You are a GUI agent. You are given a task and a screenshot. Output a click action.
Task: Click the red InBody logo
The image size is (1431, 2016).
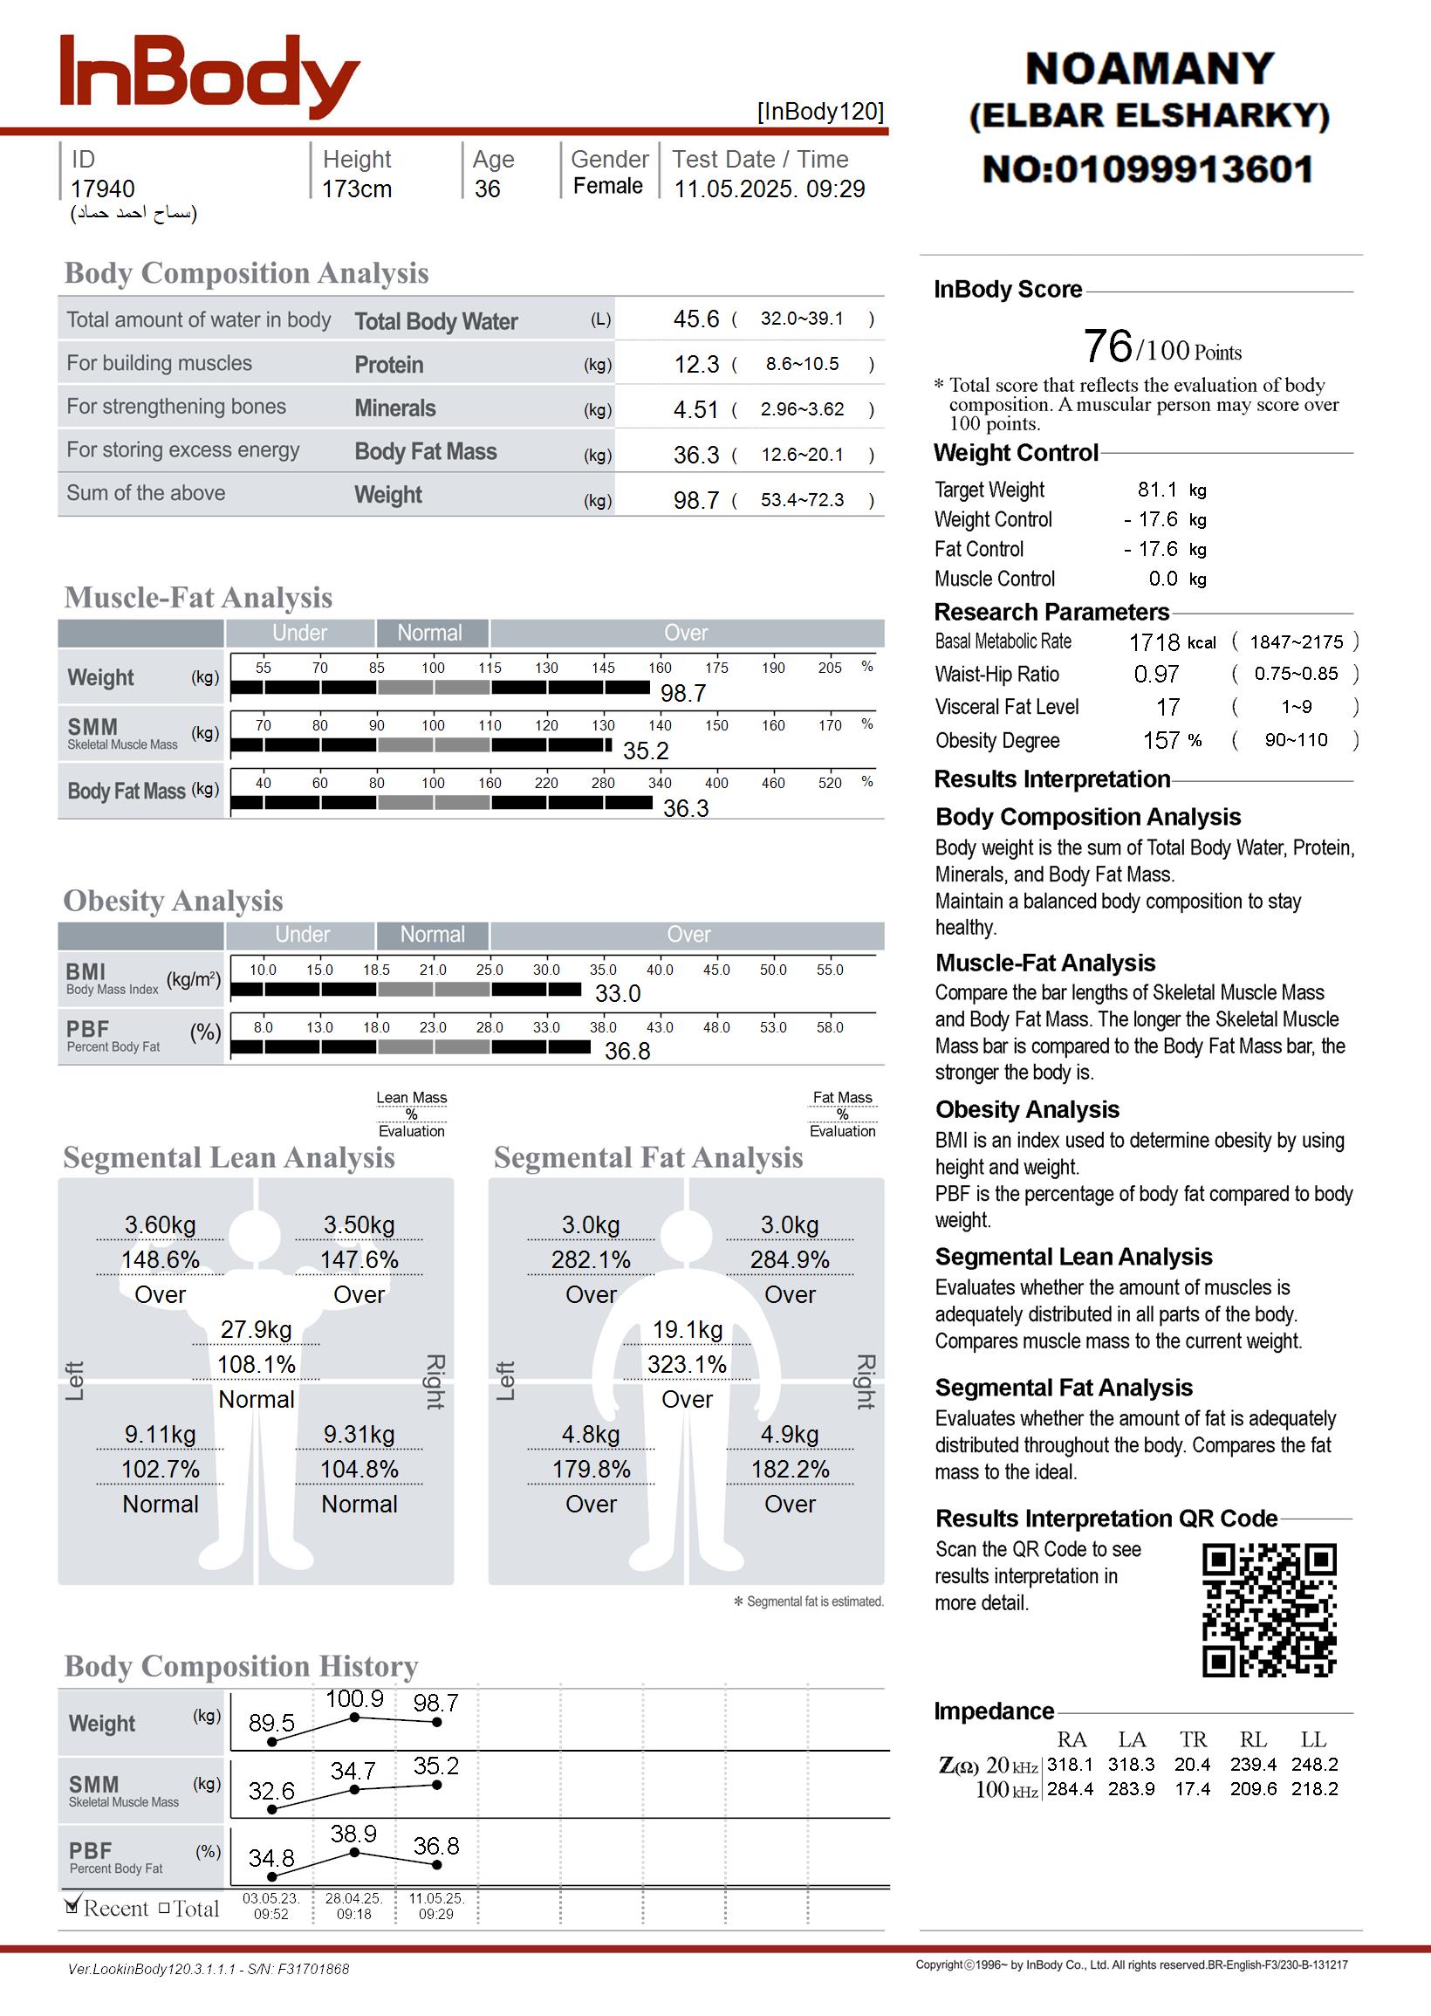click(209, 77)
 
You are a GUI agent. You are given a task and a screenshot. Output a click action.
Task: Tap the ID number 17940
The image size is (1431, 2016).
click(102, 189)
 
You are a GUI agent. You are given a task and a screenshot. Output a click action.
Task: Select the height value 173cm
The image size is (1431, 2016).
click(356, 189)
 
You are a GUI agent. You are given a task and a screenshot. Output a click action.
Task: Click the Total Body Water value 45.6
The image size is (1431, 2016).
click(696, 319)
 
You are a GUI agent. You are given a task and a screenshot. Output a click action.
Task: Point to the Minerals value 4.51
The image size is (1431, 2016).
click(696, 409)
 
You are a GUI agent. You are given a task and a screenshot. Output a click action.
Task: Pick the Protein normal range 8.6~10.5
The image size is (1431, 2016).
click(802, 364)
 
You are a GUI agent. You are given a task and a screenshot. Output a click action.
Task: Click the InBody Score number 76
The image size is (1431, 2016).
click(1107, 346)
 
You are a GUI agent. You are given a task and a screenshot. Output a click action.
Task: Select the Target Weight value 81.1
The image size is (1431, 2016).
click(1157, 490)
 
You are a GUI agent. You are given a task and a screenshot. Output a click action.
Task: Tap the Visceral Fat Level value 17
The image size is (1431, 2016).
click(1167, 708)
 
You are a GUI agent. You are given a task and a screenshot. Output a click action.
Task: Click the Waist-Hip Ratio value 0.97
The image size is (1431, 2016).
click(1156, 675)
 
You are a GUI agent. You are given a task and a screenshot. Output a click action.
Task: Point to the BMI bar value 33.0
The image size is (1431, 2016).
click(618, 994)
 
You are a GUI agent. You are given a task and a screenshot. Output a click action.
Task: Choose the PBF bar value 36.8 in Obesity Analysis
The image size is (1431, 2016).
click(627, 1051)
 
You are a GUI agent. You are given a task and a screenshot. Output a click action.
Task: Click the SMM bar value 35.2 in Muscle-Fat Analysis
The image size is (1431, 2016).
click(646, 751)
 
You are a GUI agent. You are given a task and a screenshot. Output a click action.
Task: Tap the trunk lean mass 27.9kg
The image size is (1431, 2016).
click(256, 1330)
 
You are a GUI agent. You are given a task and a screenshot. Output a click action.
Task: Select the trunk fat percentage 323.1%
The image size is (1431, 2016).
click(687, 1365)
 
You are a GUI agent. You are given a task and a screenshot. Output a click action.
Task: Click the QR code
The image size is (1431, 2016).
click(1269, 1610)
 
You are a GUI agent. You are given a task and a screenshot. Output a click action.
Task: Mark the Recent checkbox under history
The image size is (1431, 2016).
click(73, 1906)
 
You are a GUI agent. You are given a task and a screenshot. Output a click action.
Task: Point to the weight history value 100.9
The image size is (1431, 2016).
click(354, 1699)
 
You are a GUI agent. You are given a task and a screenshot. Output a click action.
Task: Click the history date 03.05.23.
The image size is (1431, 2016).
click(270, 1898)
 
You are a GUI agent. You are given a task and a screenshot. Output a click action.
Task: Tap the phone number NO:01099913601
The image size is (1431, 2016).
click(1148, 169)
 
